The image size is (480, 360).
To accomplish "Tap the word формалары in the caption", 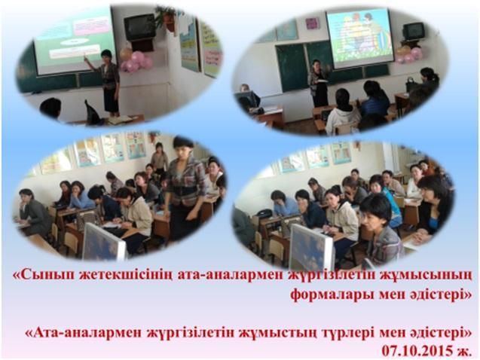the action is (332, 294).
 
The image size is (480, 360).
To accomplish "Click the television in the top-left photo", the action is (139, 27).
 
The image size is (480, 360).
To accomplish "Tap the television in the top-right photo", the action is (414, 31).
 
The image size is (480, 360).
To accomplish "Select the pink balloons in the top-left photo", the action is (136, 62).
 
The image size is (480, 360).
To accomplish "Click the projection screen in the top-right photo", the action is (359, 38).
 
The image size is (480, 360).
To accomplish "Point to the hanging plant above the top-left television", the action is (167, 17).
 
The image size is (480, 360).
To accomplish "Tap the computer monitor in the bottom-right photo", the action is (311, 244).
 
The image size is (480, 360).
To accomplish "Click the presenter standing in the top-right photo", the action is (317, 83).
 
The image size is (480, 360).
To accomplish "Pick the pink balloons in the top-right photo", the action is (410, 55).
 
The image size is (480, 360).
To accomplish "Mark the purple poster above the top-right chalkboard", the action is (312, 23).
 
